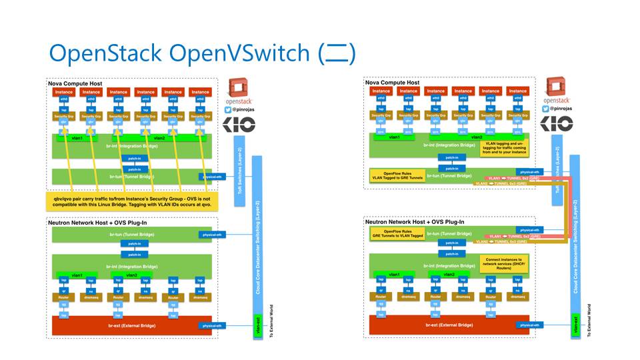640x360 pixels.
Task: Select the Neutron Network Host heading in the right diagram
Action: click(x=412, y=221)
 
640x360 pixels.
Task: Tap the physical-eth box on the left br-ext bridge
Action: click(x=210, y=325)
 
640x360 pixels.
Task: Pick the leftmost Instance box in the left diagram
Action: click(x=64, y=92)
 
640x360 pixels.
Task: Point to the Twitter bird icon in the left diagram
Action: click(x=228, y=107)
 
